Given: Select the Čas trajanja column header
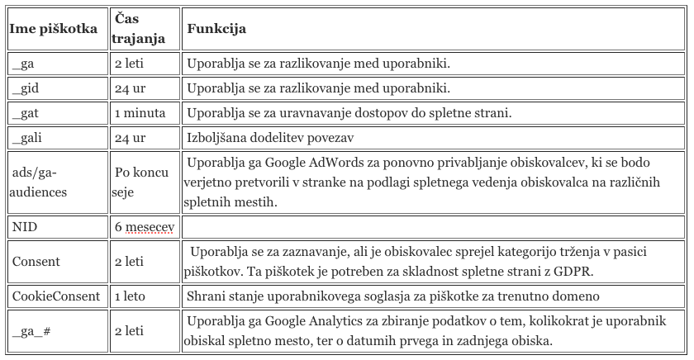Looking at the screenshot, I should click(137, 29).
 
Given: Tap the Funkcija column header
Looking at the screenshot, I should click(216, 29).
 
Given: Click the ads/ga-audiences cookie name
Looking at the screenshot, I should click(40, 182).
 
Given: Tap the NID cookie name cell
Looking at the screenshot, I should click(25, 225).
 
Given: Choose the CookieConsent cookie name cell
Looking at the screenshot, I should click(55, 295).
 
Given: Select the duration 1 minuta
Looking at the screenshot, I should click(140, 112).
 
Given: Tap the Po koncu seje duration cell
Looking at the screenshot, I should click(141, 182).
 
